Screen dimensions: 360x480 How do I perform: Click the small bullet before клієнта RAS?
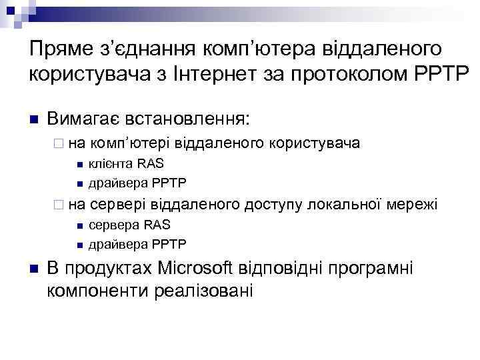[x=79, y=165]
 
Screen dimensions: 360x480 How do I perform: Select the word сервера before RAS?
[x=111, y=224]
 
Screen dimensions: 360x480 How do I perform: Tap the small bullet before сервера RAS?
[x=79, y=225]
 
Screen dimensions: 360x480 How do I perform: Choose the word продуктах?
[x=109, y=269]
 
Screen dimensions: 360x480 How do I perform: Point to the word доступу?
[x=273, y=203]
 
